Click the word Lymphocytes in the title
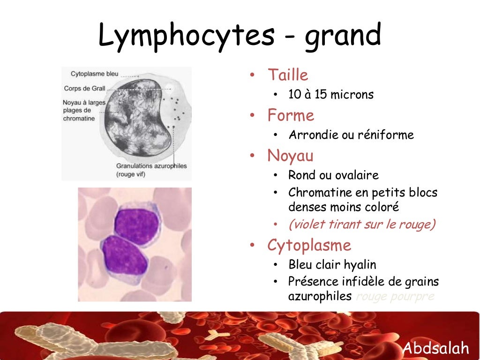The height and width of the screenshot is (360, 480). [x=186, y=36]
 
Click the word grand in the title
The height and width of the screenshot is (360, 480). [x=343, y=36]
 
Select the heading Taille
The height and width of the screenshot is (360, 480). [x=288, y=75]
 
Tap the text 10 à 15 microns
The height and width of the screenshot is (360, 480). [x=331, y=94]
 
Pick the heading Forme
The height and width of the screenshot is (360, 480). [x=291, y=115]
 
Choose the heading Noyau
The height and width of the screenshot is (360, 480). [x=290, y=156]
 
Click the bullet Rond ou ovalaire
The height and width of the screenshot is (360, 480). [x=333, y=175]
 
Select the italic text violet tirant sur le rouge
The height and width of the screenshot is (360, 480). [x=362, y=225]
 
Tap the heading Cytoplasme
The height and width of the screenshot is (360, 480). [x=309, y=245]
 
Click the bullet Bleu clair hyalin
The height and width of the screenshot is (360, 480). [x=332, y=265]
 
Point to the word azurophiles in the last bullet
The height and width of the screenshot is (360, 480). [x=320, y=296]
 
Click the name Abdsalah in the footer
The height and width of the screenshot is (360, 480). [x=436, y=348]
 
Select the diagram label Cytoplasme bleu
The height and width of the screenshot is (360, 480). [x=94, y=74]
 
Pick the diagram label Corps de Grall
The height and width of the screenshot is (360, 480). [x=84, y=88]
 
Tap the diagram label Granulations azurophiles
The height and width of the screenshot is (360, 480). [x=151, y=166]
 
